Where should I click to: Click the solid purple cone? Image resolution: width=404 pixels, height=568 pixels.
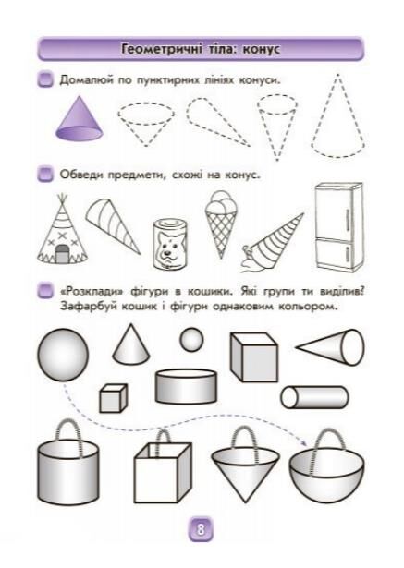pos(80,119)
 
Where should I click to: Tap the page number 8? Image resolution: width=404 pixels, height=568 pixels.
pos(201,529)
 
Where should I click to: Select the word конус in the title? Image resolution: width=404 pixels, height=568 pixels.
pos(262,49)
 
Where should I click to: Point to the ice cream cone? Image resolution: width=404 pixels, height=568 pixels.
pos(220,224)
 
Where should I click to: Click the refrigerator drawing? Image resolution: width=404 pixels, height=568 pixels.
pos(338,227)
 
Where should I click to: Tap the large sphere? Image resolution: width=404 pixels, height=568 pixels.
pos(63,356)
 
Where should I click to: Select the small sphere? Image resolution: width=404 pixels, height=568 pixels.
pos(191,340)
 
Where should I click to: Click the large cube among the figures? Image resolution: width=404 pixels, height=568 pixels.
pos(254,357)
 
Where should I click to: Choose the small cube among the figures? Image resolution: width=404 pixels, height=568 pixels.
pos(113,398)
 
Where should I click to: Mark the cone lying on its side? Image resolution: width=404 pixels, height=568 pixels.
pos(330,347)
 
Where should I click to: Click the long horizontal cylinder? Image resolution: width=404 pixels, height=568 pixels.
pos(314,397)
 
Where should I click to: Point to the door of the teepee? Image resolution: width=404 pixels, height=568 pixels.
pos(62,253)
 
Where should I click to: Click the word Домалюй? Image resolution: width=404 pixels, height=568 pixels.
pos(86,80)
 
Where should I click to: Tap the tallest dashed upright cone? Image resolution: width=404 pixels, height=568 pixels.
pos(337,116)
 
